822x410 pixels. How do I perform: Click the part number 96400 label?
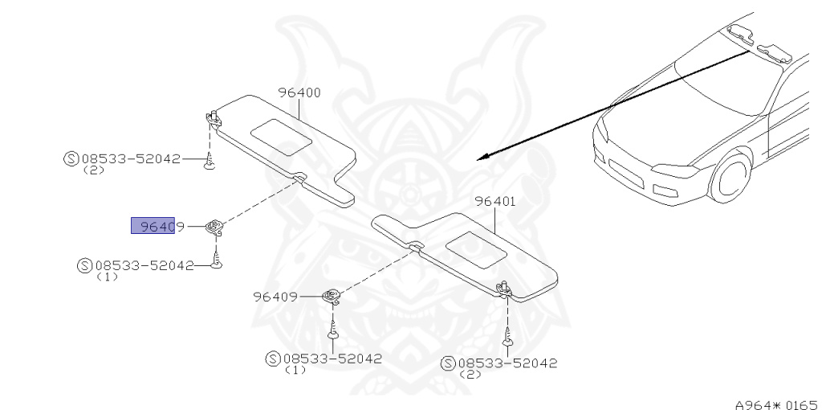pyautogui.click(x=299, y=92)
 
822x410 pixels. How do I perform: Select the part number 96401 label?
pyautogui.click(x=494, y=202)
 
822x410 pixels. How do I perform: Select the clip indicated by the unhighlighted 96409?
pyautogui.click(x=332, y=297)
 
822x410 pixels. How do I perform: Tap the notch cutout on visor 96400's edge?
pyautogui.click(x=299, y=177)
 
